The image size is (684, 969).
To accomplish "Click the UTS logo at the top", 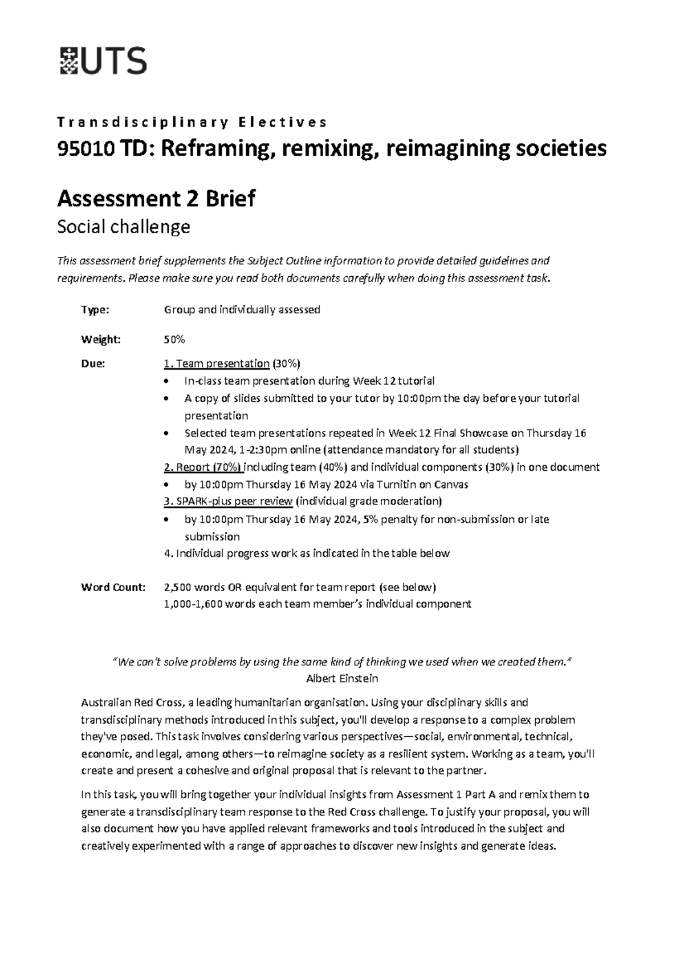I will point(103,61).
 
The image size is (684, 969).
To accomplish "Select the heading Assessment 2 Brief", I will point(156,199).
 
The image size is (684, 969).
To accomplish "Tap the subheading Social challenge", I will point(124,227).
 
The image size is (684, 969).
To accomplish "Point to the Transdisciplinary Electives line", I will point(192,122).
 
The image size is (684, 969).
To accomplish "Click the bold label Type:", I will point(95,310).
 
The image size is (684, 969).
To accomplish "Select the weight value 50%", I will point(174,340).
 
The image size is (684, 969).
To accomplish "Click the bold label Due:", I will point(93,364).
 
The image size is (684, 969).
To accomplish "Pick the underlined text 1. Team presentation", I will point(216,364).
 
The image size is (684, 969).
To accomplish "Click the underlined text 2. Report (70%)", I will point(203,467).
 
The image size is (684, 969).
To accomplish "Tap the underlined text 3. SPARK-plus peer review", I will point(228,502).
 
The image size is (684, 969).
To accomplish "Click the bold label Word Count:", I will point(113,587).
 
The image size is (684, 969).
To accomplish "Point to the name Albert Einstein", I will point(342,679).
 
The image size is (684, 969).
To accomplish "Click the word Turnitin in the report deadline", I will point(406,484).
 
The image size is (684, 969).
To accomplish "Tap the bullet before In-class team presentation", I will point(166,381).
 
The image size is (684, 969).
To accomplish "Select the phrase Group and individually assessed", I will point(242,310).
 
